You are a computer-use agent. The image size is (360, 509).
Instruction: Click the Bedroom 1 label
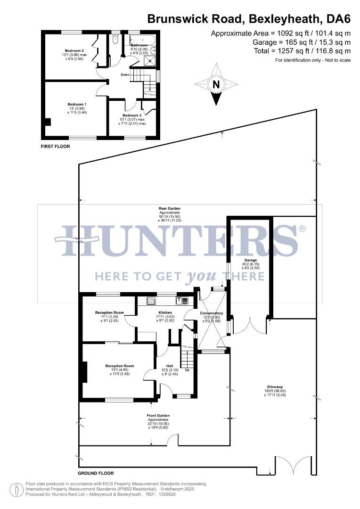(x=77, y=104)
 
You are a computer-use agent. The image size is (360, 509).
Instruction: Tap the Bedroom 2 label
(x=74, y=50)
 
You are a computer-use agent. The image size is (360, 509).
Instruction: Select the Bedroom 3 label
(x=132, y=115)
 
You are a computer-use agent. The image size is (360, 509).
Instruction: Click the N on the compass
(x=216, y=85)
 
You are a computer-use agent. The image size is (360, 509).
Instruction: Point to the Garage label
(x=250, y=260)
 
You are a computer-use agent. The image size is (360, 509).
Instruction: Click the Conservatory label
(x=211, y=313)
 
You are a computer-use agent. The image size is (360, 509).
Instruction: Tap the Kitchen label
(x=165, y=312)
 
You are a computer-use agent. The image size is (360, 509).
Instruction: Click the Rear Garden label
(x=170, y=208)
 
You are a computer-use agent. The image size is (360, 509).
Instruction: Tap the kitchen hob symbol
(x=151, y=300)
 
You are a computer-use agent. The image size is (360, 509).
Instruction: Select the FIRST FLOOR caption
(x=56, y=147)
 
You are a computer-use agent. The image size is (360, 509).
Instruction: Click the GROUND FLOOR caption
(x=96, y=473)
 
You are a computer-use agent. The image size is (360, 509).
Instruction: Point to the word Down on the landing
(x=125, y=74)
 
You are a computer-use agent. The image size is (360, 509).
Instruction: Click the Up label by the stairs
(x=194, y=370)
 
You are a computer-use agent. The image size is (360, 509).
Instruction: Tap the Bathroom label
(x=139, y=45)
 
